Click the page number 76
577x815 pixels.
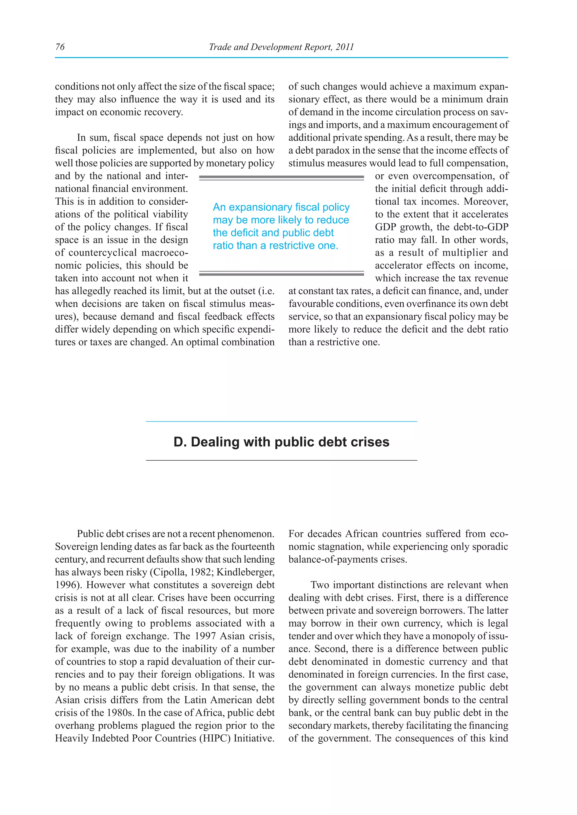(x=60, y=47)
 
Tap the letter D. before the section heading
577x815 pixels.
(x=180, y=442)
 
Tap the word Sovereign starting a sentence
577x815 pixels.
(x=76, y=546)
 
